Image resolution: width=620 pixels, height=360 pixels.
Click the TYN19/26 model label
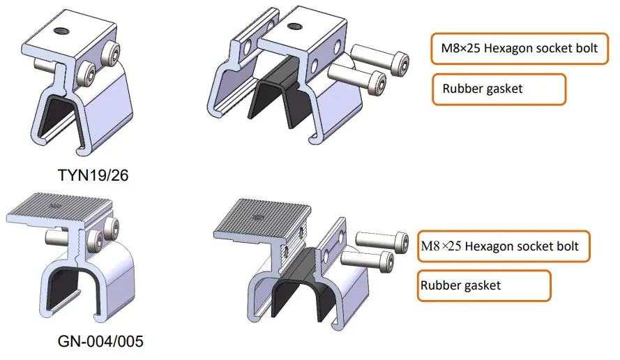point(93,175)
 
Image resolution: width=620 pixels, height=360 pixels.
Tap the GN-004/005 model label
point(101,342)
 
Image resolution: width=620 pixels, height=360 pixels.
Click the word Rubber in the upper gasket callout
point(462,89)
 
